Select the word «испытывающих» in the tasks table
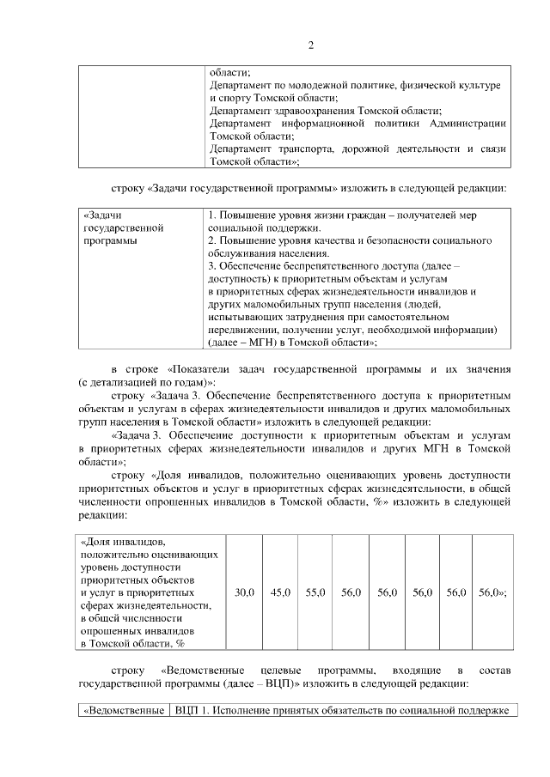click(249, 317)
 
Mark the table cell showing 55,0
click(315, 592)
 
